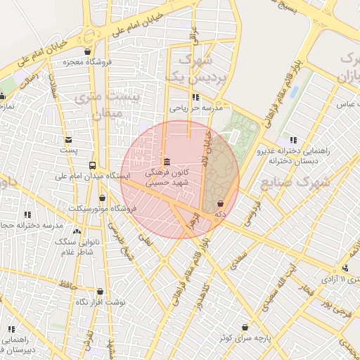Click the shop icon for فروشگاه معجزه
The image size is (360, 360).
87,51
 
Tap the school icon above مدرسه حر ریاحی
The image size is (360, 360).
195,97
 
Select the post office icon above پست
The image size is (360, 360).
68,139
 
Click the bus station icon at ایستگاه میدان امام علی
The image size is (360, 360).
92,165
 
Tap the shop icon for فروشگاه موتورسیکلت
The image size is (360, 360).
103,198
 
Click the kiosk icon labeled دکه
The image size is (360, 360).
221,203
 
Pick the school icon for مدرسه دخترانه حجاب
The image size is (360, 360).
27,214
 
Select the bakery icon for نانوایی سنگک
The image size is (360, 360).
77,231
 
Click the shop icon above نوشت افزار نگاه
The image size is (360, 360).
100,291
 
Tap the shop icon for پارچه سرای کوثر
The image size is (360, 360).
244,327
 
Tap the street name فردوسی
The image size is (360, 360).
252,208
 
